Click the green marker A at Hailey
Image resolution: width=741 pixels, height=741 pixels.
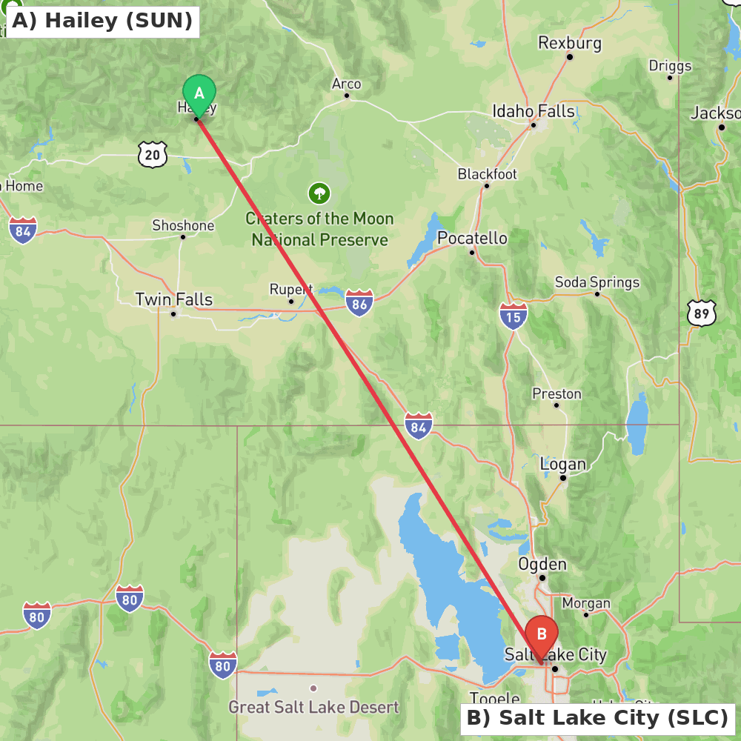coord(199,94)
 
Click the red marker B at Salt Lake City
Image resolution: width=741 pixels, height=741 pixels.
coord(542,634)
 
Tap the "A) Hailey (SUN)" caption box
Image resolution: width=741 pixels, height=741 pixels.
coord(102,21)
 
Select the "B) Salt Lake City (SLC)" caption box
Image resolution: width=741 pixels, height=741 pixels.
coord(597,718)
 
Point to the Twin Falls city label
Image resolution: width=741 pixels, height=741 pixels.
coord(173,299)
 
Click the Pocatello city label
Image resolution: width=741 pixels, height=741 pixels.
coord(472,238)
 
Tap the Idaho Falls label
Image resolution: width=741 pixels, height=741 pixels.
coord(534,111)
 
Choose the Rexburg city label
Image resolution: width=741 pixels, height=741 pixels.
coord(570,43)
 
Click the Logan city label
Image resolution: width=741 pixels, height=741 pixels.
coord(563,465)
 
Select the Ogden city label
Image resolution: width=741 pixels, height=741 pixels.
coord(542,564)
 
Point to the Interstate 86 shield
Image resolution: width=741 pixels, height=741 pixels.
coord(359,303)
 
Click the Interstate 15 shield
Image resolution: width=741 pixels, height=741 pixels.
coord(514,316)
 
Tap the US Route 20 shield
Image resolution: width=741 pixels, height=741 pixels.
coord(152,154)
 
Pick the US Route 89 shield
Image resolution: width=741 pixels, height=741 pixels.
coord(701,313)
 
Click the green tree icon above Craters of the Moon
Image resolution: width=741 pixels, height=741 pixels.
coord(319,193)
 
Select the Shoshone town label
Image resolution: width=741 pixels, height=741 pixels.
coord(183,225)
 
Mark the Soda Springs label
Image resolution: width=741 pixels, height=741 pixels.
coord(597,282)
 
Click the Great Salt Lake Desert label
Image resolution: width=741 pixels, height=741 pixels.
coord(313,707)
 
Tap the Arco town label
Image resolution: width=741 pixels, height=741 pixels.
coord(346,84)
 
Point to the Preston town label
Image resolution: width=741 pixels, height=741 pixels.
coord(556,393)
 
